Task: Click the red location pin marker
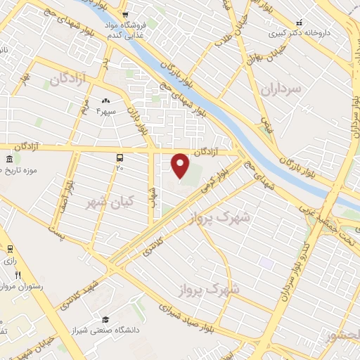click(x=181, y=166)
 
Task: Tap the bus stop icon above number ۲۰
click(x=120, y=158)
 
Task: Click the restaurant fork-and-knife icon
click(x=18, y=275)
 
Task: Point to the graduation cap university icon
click(x=105, y=320)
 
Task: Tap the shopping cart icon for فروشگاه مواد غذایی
click(x=124, y=14)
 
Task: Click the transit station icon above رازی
click(x=10, y=249)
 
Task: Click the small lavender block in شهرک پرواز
click(x=265, y=262)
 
